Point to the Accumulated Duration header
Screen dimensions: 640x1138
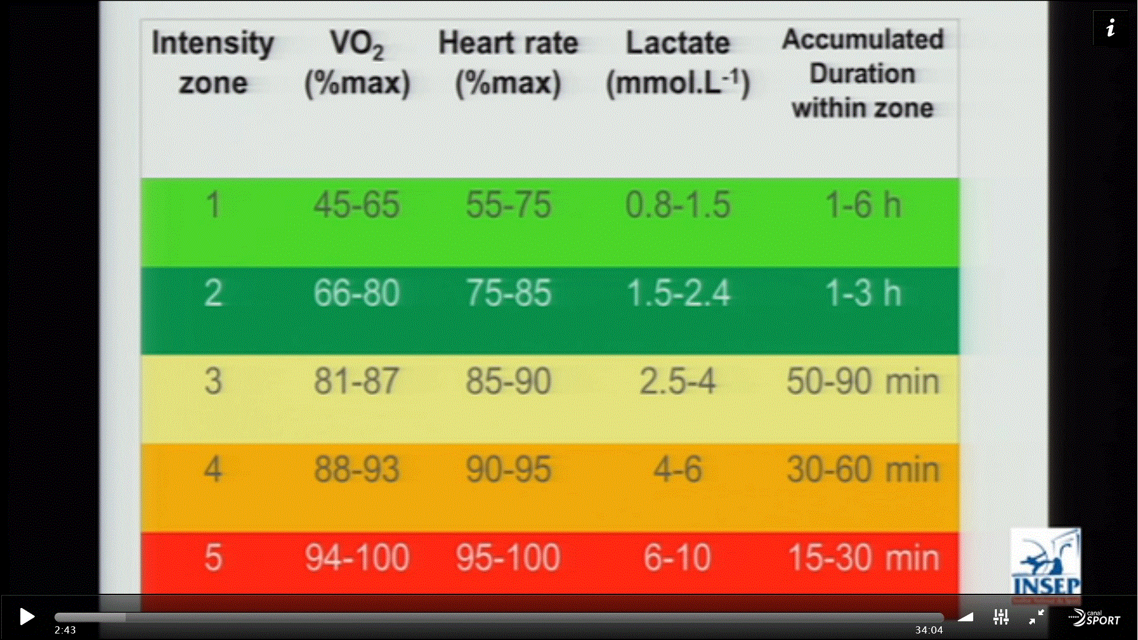coord(862,73)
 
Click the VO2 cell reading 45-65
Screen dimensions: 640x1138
coord(356,206)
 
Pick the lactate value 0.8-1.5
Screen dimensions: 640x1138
coord(677,206)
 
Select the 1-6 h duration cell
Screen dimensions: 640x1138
coord(862,206)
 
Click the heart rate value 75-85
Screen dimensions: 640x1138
coord(509,293)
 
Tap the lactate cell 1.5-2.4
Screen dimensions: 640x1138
coord(678,293)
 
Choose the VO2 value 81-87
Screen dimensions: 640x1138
coord(356,381)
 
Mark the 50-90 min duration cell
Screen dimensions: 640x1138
coord(862,381)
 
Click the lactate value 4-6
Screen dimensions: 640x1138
coord(677,470)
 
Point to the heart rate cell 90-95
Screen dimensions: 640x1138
coord(509,470)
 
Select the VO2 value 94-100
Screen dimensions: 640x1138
coord(357,558)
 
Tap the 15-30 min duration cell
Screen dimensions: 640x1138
coord(863,558)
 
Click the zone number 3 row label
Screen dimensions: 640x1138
coord(213,381)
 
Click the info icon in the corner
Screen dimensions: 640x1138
coord(1110,28)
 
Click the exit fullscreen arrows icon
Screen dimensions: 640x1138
coord(1036,617)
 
